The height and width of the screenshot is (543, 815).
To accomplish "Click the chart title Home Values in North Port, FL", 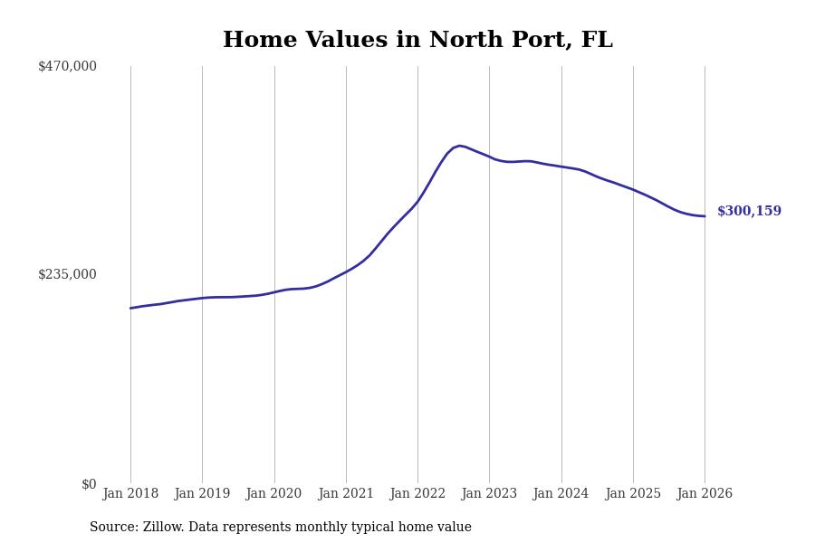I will click(417, 41).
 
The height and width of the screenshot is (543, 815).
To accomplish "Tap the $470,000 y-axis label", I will click(67, 66).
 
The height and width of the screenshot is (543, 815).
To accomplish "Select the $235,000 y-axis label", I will click(67, 274).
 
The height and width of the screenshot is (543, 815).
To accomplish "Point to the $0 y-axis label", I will click(89, 484).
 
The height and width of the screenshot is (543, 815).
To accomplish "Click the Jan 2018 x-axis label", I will click(130, 494).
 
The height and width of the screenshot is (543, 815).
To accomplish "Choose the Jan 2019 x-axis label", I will click(202, 494).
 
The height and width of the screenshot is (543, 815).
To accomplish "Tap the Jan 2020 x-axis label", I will click(273, 494).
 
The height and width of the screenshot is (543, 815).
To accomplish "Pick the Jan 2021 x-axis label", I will click(346, 494).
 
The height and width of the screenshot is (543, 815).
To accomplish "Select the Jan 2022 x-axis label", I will click(417, 494).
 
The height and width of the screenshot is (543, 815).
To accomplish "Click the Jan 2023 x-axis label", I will click(489, 494).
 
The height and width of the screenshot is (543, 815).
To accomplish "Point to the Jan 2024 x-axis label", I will click(561, 494).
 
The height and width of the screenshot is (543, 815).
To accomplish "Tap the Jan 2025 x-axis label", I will click(633, 494).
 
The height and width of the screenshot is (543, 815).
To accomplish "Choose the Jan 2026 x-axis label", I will click(705, 494).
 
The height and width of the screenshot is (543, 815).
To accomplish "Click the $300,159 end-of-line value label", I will click(749, 212).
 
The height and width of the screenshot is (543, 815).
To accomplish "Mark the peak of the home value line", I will click(459, 146).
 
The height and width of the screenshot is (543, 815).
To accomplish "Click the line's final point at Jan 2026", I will click(705, 216).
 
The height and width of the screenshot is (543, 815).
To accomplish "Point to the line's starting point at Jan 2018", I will click(130, 309).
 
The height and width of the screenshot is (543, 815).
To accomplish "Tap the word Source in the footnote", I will click(112, 528).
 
